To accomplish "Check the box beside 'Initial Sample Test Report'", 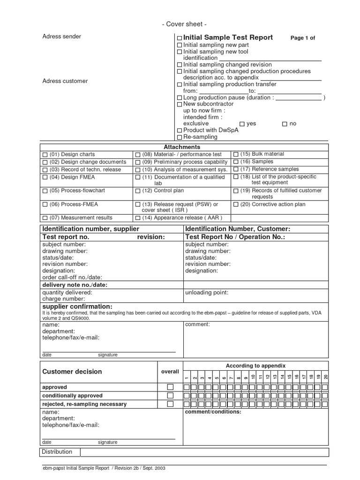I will pyautogui.click(x=180, y=38).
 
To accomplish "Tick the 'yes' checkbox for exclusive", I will pyautogui.click(x=242, y=124).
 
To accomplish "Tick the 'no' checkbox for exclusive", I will pyautogui.click(x=285, y=124).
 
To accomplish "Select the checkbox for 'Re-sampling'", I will pyautogui.click(x=180, y=137).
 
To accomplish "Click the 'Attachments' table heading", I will pyautogui.click(x=182, y=147).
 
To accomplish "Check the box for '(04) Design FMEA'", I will pyautogui.click(x=45, y=178).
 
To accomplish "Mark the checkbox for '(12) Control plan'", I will pyautogui.click(x=138, y=191).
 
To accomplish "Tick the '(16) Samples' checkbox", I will pyautogui.click(x=235, y=162).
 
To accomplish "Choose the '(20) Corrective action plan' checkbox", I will pyautogui.click(x=235, y=205).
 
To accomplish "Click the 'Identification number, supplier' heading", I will pyautogui.click(x=91, y=229).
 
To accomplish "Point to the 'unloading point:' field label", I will pyautogui.click(x=207, y=292).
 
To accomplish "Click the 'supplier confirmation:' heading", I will pyautogui.click(x=77, y=306).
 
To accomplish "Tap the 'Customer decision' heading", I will pyautogui.click(x=72, y=372).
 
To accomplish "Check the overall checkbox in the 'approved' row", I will pyautogui.click(x=170, y=387).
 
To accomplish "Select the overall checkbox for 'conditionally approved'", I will pyautogui.click(x=170, y=396).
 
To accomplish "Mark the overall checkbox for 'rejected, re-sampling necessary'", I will pyautogui.click(x=170, y=404).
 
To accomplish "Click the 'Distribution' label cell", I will pyautogui.click(x=57, y=452).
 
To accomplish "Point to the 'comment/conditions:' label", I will pyautogui.click(x=213, y=412).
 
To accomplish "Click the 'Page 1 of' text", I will pyautogui.click(x=303, y=38).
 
